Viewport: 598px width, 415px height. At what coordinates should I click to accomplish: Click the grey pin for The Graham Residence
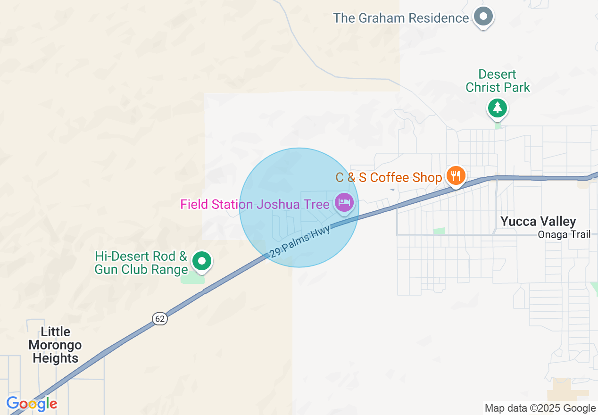point(483,17)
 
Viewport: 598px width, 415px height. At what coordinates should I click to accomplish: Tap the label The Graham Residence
point(401,18)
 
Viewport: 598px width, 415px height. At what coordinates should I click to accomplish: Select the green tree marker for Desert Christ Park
point(497,108)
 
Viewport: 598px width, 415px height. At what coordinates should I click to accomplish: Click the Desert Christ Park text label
point(498,81)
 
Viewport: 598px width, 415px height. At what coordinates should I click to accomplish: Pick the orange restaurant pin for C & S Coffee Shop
point(455,176)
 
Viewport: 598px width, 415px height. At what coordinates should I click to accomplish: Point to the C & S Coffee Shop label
point(389,177)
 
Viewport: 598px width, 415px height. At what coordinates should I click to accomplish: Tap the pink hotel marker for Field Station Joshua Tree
point(344,203)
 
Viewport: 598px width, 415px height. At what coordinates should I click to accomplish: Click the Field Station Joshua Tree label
point(255,204)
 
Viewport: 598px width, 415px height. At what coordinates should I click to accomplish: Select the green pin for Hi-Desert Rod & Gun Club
point(203,260)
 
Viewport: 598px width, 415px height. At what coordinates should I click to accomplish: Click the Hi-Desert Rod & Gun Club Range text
point(141,263)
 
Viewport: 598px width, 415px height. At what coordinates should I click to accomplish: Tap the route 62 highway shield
point(160,319)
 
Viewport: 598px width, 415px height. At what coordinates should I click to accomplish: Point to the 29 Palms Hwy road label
point(300,241)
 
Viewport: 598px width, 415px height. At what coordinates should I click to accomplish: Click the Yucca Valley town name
point(538,221)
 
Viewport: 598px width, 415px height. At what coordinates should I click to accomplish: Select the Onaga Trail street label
point(564,234)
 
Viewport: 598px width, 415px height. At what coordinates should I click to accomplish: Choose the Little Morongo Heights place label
point(55,345)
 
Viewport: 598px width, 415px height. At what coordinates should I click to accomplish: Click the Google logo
point(32,404)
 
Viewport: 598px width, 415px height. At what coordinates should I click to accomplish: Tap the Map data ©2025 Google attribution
point(540,408)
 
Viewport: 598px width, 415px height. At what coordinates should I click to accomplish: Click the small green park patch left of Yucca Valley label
point(439,231)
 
